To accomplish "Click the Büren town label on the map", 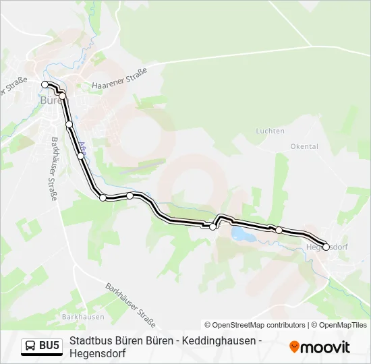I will [51, 100].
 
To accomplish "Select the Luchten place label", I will [270, 131].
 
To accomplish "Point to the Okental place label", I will [304, 146].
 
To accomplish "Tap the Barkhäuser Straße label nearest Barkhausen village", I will [130, 304].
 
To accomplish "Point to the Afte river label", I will [82, 148].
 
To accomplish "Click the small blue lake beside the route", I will [239, 233].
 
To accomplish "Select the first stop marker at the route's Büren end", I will [45, 84].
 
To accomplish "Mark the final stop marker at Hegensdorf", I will [326, 247].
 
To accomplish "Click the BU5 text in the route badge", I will [49, 346].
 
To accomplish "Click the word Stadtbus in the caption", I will [89, 341].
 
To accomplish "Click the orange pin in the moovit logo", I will [294, 347].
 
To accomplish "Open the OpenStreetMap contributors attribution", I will [255, 325].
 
